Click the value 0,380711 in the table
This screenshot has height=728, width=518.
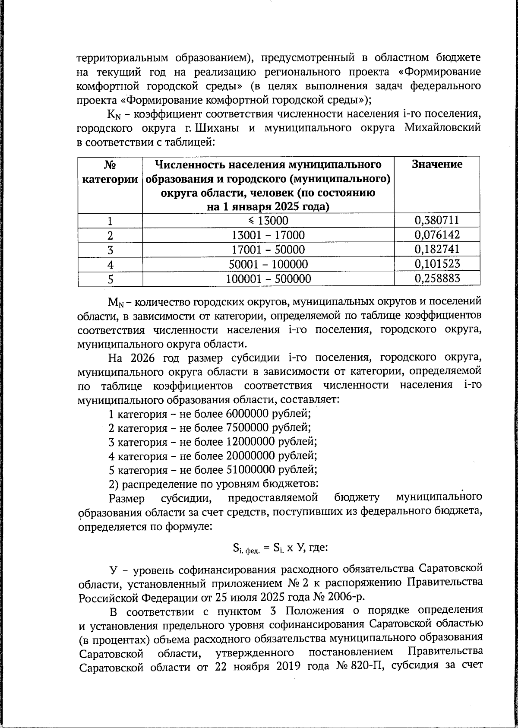(x=437, y=221)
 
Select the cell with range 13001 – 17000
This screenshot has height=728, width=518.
(x=268, y=235)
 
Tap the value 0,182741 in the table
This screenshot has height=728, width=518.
(x=437, y=250)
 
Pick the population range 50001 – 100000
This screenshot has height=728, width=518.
(x=268, y=264)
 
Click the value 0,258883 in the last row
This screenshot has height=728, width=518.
(x=437, y=279)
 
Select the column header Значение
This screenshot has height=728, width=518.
(x=437, y=165)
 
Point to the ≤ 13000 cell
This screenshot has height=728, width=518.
(x=268, y=221)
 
